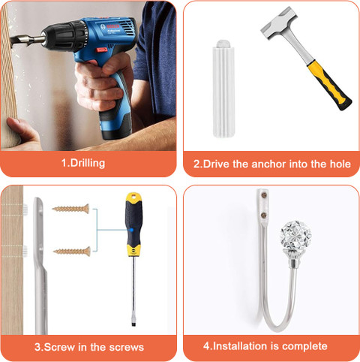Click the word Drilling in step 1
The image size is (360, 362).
pyautogui.click(x=88, y=163)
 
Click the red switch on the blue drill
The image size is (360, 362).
pyautogui.click(x=102, y=50)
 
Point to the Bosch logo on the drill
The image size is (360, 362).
pyautogui.click(x=110, y=27)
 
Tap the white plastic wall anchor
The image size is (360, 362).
pyautogui.click(x=224, y=89)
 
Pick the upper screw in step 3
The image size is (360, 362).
pyautogui.click(x=70, y=209)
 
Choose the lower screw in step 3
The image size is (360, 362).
pyautogui.click(x=72, y=251)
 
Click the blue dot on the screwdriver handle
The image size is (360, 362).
pyautogui.click(x=131, y=230)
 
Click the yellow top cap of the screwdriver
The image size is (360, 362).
pyautogui.click(x=133, y=198)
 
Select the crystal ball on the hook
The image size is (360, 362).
pyautogui.click(x=295, y=237)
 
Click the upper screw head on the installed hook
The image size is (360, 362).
pyautogui.click(x=264, y=195)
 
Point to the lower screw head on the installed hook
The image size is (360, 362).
pyautogui.click(x=263, y=215)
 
